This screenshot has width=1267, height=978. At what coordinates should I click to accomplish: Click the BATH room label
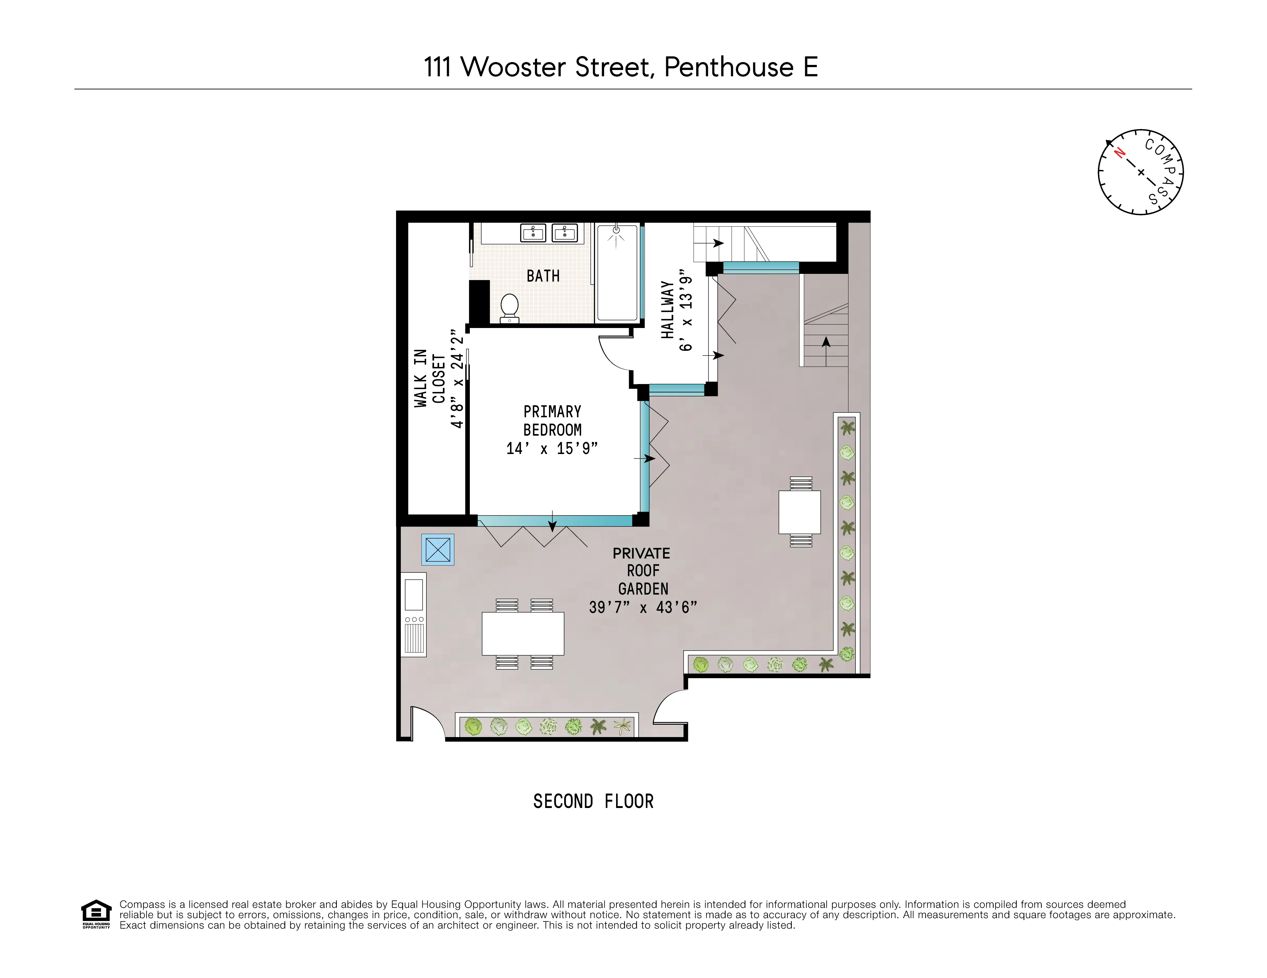543,276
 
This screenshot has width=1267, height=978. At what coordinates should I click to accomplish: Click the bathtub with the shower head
617,273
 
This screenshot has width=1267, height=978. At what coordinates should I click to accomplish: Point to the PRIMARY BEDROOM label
552,420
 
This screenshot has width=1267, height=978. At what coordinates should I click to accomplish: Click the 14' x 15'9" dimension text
552,448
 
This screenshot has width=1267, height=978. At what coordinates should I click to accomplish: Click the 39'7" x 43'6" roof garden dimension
643,607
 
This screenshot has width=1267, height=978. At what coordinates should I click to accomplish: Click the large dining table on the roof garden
523,634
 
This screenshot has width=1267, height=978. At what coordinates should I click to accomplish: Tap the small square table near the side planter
799,512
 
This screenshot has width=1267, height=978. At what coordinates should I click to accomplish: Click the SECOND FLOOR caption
593,802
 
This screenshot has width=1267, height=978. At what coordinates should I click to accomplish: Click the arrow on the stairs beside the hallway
718,243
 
